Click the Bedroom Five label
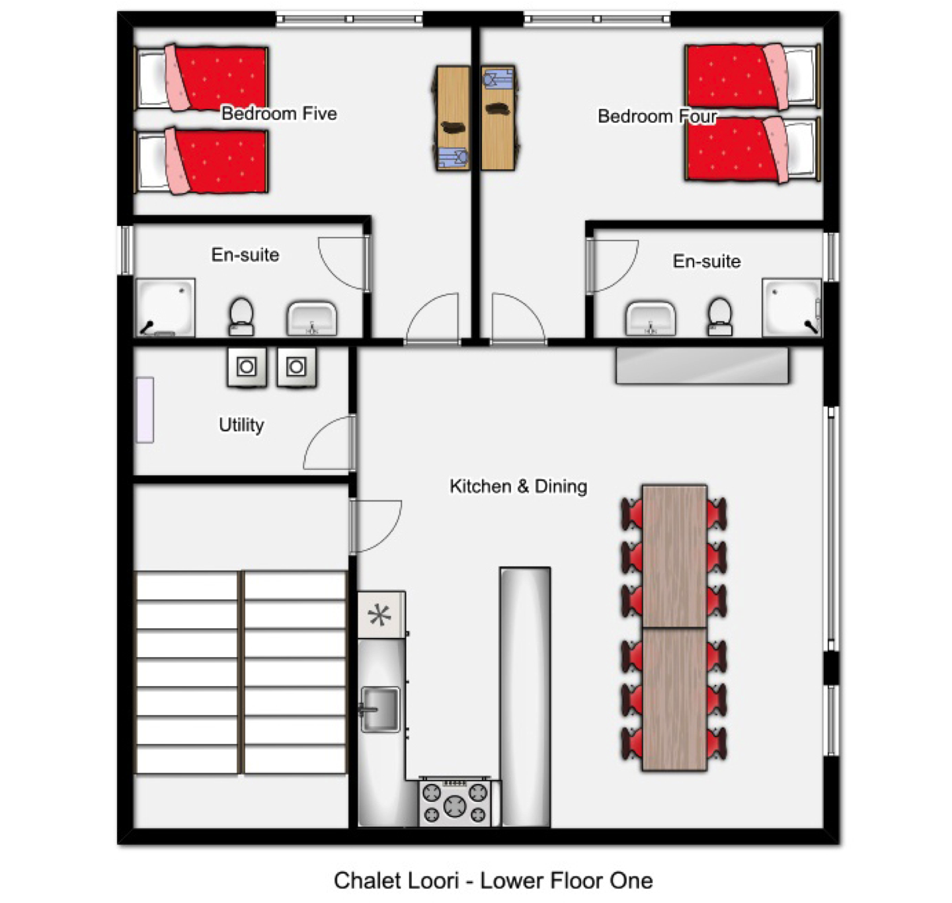point(279,113)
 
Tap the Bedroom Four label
point(657,116)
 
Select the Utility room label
point(241,425)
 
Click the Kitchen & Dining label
point(518,486)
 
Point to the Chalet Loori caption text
point(493,881)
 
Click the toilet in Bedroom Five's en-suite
point(241,316)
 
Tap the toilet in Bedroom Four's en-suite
point(719,316)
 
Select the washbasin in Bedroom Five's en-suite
point(312,318)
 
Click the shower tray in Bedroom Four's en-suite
point(792,307)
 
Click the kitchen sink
point(381,709)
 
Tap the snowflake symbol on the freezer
point(379,615)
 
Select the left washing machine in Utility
point(247,367)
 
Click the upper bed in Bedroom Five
point(201,77)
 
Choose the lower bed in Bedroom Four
point(752,149)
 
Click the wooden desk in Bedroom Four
point(498,118)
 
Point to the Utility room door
point(330,442)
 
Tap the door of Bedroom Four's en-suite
point(612,266)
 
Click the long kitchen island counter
point(525,697)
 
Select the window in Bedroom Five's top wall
point(349,19)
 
